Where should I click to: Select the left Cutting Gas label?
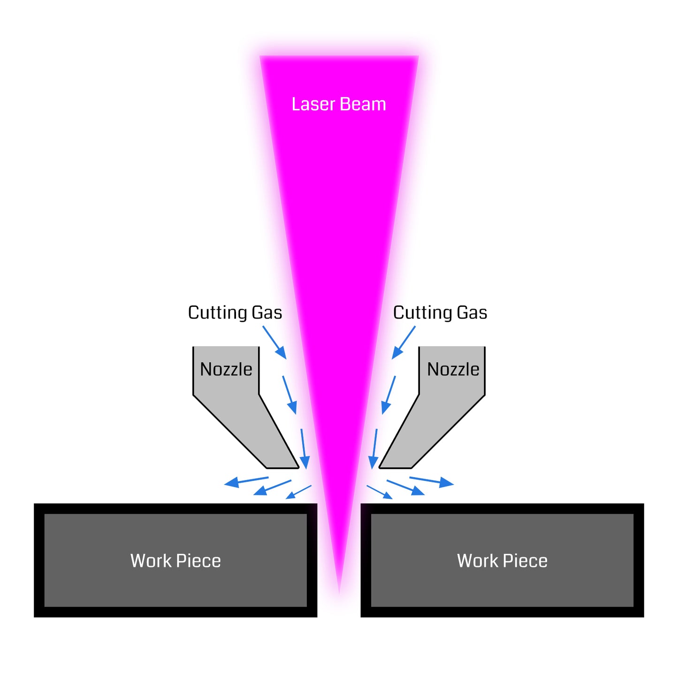tap(235, 312)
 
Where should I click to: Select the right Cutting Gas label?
tap(440, 312)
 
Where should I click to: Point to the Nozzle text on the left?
tap(226, 369)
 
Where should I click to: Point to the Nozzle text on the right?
tap(453, 369)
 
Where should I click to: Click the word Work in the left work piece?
tap(150, 561)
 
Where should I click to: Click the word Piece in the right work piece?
tap(525, 561)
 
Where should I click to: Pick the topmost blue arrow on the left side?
tap(274, 343)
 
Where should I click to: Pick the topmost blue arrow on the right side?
tap(404, 343)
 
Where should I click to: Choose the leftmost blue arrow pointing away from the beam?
tap(246, 481)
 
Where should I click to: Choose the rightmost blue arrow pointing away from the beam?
tap(432, 481)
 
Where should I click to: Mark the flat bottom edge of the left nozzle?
tap(282, 468)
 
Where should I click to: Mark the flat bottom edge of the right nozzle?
tap(395, 468)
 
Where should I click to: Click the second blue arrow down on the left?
tap(289, 395)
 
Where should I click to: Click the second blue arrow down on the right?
tap(389, 395)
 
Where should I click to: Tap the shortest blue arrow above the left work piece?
tap(298, 492)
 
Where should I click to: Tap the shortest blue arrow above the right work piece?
tap(379, 492)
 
